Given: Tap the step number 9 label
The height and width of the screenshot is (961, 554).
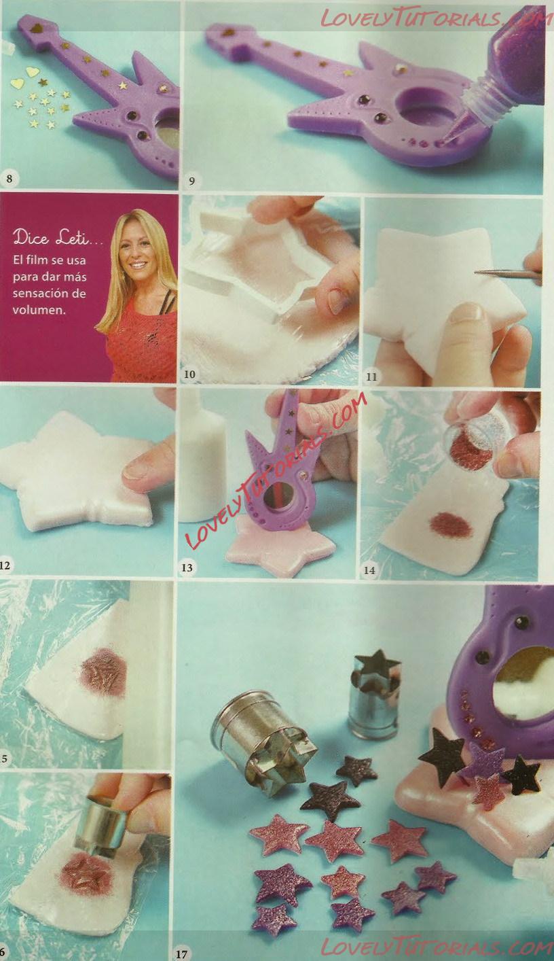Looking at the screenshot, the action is click(191, 181).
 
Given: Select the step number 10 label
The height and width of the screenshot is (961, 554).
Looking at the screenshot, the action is click(189, 374).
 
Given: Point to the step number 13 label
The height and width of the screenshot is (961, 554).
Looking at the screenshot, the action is click(187, 567).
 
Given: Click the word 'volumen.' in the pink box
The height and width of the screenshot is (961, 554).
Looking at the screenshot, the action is click(39, 310).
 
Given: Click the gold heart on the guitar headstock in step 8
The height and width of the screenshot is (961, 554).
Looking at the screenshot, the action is click(37, 29).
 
